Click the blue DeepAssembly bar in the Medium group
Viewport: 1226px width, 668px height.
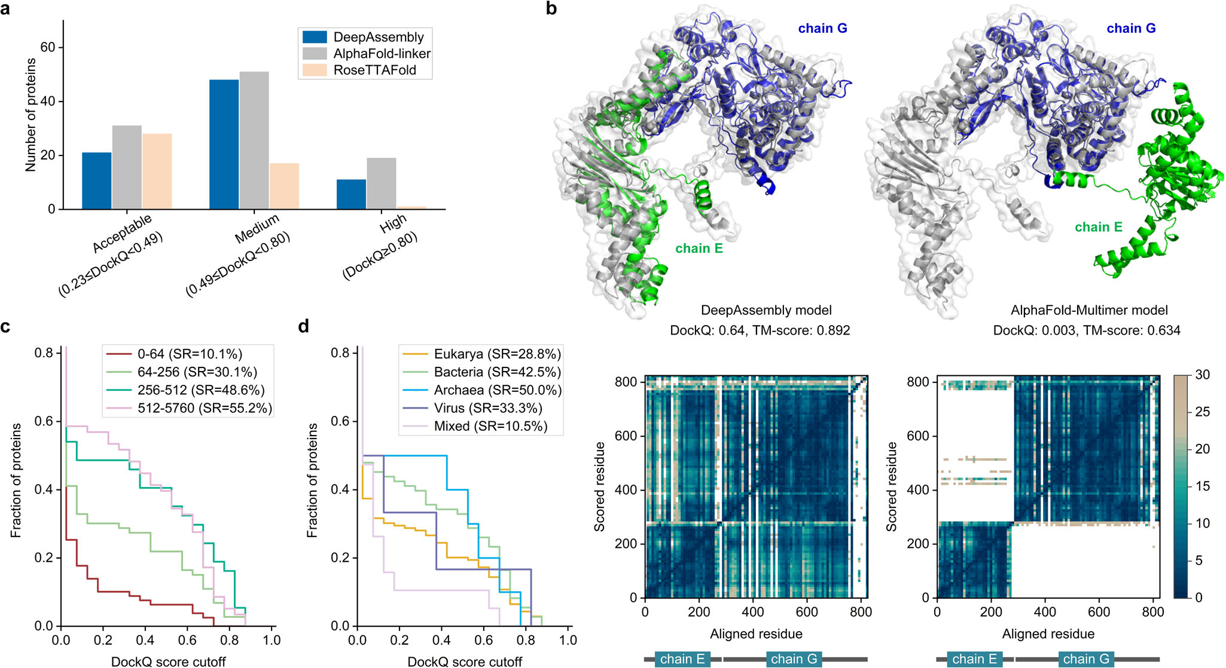tap(224, 145)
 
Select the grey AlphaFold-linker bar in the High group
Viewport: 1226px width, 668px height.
tap(381, 183)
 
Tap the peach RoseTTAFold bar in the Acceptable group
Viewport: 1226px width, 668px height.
tap(157, 171)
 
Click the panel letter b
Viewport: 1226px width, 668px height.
tap(551, 9)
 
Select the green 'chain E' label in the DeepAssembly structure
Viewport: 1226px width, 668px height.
tap(699, 249)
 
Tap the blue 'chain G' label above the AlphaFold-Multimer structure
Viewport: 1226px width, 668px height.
tap(1130, 28)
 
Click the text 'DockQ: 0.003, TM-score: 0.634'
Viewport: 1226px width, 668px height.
tap(1086, 330)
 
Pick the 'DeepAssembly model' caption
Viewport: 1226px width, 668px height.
tap(766, 310)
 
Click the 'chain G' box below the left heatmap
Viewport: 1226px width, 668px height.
tap(794, 659)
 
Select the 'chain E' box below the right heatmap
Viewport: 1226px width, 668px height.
tap(974, 659)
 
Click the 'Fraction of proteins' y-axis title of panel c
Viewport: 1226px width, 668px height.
tap(16, 480)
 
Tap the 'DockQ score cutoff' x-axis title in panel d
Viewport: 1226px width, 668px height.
tap(465, 661)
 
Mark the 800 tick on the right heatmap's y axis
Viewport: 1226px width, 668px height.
tap(918, 382)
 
